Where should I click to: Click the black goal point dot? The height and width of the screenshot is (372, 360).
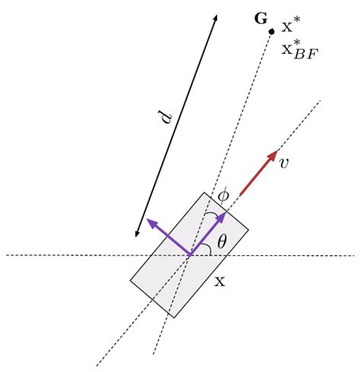[x=271, y=31]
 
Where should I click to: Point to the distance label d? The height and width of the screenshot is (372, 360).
[x=166, y=120]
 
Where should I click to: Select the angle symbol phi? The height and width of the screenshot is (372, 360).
[x=223, y=194]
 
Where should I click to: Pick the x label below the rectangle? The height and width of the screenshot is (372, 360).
[x=219, y=282]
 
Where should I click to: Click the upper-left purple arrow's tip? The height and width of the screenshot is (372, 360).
[x=148, y=220]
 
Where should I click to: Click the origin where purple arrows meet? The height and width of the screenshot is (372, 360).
[x=189, y=254]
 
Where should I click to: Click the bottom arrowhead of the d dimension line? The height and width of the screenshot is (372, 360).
[x=136, y=236]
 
